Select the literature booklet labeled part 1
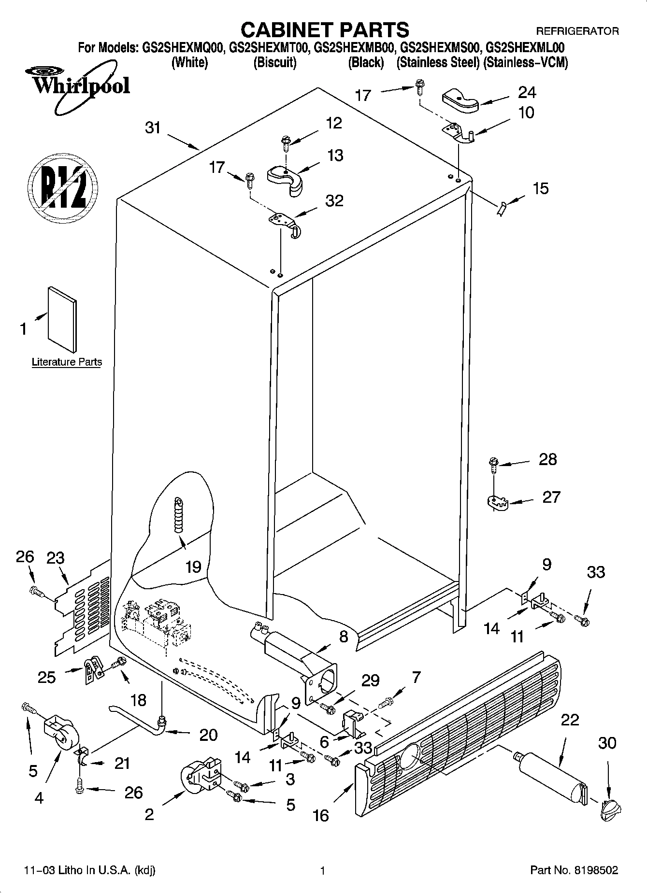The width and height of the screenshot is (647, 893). pyautogui.click(x=62, y=319)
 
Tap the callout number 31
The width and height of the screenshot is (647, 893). pyautogui.click(x=153, y=128)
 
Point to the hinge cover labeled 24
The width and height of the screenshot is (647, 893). pyautogui.click(x=460, y=102)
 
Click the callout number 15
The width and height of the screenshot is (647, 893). pyautogui.click(x=541, y=188)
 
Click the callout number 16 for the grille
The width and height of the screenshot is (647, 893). pyautogui.click(x=320, y=815)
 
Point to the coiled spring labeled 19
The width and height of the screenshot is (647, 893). pyautogui.click(x=179, y=515)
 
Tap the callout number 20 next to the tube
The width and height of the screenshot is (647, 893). pyautogui.click(x=208, y=735)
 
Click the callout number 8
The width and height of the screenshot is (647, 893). pyautogui.click(x=344, y=637)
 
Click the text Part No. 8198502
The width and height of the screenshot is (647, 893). pyautogui.click(x=574, y=870)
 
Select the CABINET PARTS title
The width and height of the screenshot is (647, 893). pyautogui.click(x=325, y=30)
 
